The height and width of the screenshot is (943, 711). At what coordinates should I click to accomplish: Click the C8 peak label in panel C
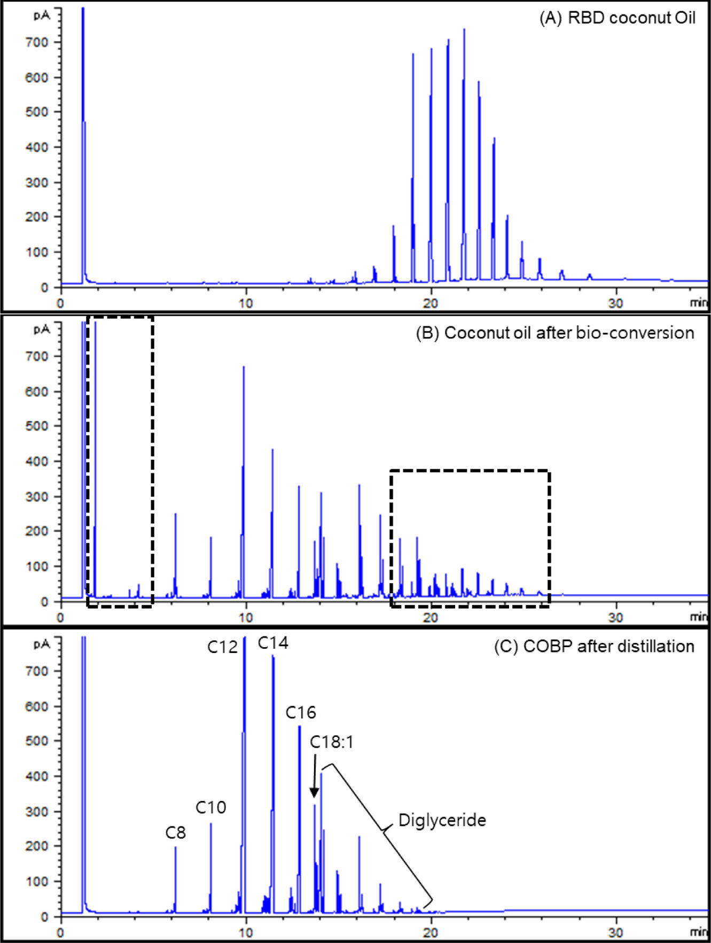175,832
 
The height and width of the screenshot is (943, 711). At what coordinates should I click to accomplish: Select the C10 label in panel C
210,807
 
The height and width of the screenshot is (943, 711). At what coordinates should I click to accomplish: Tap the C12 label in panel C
222,647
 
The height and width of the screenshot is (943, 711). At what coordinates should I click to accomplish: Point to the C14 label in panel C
273,643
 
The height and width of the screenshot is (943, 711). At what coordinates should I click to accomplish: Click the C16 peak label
301,712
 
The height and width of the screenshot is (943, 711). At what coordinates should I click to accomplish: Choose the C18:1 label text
332,742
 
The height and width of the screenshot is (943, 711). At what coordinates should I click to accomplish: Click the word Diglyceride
442,820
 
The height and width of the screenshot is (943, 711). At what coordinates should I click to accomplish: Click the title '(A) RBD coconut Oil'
618,18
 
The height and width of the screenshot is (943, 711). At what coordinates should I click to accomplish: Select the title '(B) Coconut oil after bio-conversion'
555,333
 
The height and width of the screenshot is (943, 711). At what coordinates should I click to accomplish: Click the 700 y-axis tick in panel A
36,42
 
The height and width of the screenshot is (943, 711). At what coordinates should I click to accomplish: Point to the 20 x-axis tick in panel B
431,618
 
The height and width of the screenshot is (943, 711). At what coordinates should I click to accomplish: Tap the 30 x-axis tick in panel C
616,932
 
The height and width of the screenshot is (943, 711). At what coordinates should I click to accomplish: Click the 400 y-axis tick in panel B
36,461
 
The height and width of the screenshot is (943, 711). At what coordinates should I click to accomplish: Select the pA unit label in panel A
41,15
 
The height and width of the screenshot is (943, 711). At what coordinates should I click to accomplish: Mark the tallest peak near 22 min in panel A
464,30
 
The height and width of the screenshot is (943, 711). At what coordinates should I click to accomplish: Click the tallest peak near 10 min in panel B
244,367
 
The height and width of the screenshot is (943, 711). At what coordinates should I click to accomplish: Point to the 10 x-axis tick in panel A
246,303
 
